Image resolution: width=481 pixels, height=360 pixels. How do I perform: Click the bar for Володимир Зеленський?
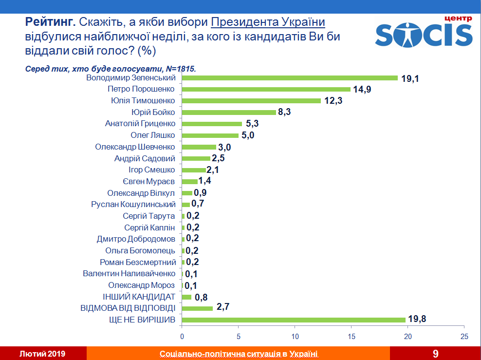pyautogui.click(x=290, y=78)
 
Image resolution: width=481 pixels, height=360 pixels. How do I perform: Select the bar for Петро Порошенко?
pyautogui.click(x=266, y=89)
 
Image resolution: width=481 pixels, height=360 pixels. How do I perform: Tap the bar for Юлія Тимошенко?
pyautogui.click(x=251, y=101)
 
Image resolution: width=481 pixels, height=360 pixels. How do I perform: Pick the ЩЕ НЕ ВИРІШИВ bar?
pyautogui.click(x=294, y=320)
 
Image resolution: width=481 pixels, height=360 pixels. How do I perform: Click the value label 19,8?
pyautogui.click(x=417, y=320)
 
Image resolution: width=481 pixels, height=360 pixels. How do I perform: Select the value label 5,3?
pyautogui.click(x=252, y=124)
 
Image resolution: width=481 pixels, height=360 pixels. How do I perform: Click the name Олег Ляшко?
pyautogui.click(x=153, y=135)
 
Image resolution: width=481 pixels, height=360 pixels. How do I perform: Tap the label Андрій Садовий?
pyautogui.click(x=145, y=158)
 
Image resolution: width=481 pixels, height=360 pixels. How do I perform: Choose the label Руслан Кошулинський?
pyautogui.click(x=133, y=205)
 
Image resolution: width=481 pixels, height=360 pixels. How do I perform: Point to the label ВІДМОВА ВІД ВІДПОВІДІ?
pyautogui.click(x=128, y=308)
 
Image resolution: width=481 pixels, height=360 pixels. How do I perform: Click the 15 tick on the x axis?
pyautogui.click(x=351, y=337)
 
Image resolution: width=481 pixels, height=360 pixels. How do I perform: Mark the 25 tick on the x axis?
pyautogui.click(x=464, y=337)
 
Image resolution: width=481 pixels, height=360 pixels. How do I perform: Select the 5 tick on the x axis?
pyautogui.click(x=239, y=337)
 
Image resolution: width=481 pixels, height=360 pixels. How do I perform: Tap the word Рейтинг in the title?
pyautogui.click(x=50, y=22)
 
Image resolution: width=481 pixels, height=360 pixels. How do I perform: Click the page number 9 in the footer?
pyautogui.click(x=435, y=353)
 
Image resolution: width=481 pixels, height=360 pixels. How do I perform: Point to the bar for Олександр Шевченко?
pyautogui.click(x=199, y=147)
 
